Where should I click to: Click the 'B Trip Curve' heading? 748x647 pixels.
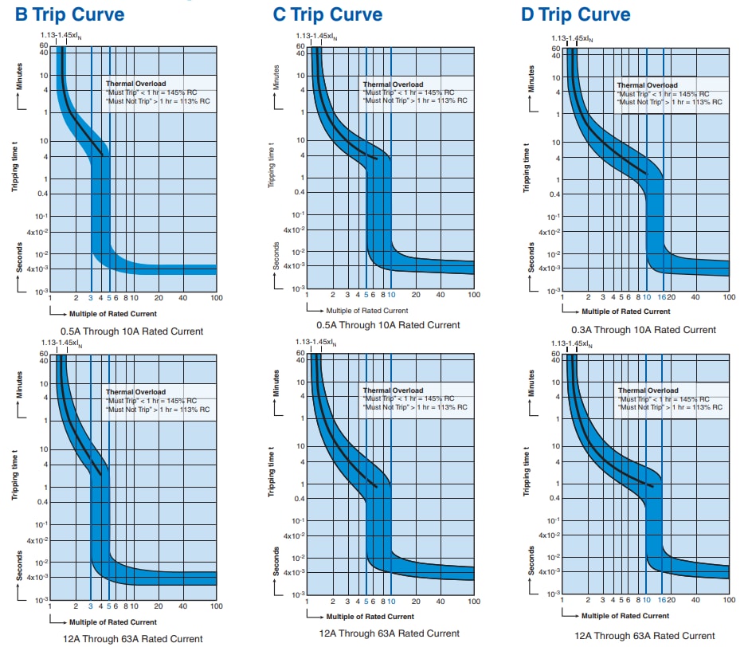point(71,14)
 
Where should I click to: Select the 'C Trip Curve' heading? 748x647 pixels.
point(327,14)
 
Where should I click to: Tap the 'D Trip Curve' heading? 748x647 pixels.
point(575,14)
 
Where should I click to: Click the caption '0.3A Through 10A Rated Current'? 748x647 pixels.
point(643,329)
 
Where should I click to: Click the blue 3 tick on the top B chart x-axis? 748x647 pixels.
point(91,297)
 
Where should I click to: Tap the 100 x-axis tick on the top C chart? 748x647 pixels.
point(473,294)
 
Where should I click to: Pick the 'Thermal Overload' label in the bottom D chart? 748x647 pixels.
point(648,390)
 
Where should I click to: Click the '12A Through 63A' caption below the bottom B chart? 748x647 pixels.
point(132,638)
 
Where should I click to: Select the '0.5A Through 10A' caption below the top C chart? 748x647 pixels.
point(389,324)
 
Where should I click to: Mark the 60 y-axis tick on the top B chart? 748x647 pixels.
point(45,45)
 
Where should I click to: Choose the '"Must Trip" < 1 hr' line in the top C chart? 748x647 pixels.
point(408,92)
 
